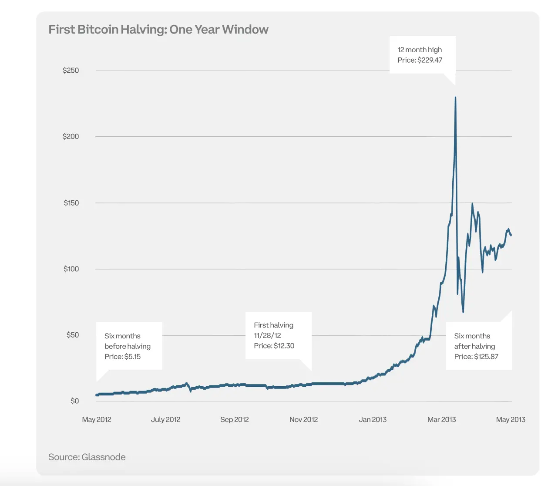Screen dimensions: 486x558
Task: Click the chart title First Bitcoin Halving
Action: (158, 30)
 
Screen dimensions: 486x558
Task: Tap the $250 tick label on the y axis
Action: (71, 71)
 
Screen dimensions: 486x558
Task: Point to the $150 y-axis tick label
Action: (71, 203)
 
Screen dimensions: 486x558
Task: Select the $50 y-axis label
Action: (72, 335)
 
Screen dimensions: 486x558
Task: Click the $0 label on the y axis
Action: (74, 401)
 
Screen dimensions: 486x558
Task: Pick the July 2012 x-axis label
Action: (165, 419)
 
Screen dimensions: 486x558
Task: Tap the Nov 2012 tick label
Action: (303, 419)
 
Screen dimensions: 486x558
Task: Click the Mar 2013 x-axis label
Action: (441, 419)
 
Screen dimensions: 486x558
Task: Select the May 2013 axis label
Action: (510, 419)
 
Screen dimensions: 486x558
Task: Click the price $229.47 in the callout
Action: (430, 60)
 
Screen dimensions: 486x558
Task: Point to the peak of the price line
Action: (455, 98)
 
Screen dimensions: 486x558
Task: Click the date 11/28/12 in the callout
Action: (267, 335)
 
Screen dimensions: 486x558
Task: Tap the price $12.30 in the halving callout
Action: (284, 346)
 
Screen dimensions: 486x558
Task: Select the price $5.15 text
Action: (132, 357)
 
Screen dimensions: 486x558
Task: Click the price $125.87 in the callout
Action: (486, 357)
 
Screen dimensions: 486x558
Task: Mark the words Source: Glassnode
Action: (87, 457)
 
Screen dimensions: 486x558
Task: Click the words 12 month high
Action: (420, 50)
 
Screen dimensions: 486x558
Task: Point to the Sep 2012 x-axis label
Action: (234, 419)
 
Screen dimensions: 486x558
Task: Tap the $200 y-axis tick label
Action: (71, 137)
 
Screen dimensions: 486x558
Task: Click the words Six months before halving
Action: (127, 341)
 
